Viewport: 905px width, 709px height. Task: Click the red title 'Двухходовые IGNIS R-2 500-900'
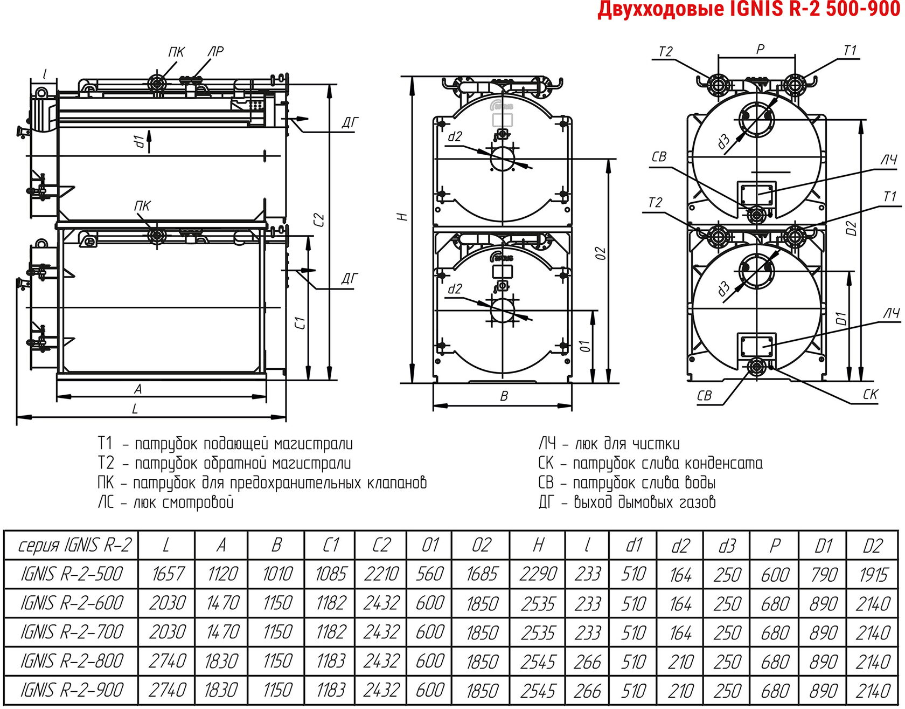[749, 10]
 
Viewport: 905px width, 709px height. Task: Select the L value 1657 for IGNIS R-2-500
[168, 574]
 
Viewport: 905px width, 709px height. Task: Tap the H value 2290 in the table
[538, 574]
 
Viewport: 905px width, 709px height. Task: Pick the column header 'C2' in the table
[381, 546]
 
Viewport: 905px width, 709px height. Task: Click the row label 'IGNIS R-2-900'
[72, 690]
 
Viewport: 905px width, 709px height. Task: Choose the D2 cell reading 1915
[873, 574]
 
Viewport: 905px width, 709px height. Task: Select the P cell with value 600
[775, 574]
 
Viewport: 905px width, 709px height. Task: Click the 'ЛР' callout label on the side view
[215, 52]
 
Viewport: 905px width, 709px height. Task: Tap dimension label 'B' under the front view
[504, 396]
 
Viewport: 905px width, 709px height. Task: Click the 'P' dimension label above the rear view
[760, 49]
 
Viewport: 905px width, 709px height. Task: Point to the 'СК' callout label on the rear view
[871, 395]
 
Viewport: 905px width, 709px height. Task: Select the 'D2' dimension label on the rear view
[851, 228]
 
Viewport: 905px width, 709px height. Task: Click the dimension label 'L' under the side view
[135, 409]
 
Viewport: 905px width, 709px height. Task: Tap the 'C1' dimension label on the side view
[300, 323]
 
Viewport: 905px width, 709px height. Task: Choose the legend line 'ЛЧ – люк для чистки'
[609, 444]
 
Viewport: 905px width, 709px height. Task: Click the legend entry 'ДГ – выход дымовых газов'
[627, 503]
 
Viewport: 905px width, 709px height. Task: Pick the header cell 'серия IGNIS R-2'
[74, 546]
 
